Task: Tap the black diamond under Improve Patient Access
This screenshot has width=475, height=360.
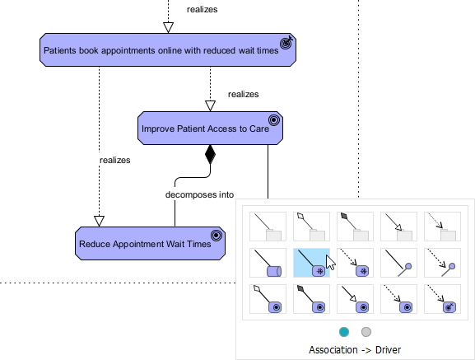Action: pyautogui.click(x=210, y=154)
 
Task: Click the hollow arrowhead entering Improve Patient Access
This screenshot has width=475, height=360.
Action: pyautogui.click(x=210, y=105)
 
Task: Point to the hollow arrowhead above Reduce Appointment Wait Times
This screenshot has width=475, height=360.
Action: pyautogui.click(x=100, y=220)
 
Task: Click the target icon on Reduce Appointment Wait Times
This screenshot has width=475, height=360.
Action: pyautogui.click(x=216, y=236)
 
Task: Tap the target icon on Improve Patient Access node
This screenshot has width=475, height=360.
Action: pyautogui.click(x=274, y=120)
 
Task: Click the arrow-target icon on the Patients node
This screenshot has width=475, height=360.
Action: pyautogui.click(x=286, y=42)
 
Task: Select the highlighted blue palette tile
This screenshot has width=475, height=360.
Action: pyautogui.click(x=312, y=263)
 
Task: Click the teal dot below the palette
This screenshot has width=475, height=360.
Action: pyautogui.click(x=344, y=331)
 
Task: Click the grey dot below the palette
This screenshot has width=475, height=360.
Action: pyautogui.click(x=366, y=331)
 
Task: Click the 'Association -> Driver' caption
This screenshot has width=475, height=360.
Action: pyautogui.click(x=355, y=349)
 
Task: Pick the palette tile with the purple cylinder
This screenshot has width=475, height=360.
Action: pyautogui.click(x=268, y=263)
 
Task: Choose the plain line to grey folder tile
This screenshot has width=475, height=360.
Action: pyautogui.click(x=268, y=227)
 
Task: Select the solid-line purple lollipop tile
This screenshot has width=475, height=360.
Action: pyautogui.click(x=398, y=263)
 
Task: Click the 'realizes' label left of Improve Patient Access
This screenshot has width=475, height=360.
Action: pyautogui.click(x=114, y=160)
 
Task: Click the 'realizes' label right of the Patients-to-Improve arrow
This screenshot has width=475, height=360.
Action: pyautogui.click(x=243, y=95)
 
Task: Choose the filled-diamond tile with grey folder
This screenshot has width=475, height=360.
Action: pyautogui.click(x=355, y=227)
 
